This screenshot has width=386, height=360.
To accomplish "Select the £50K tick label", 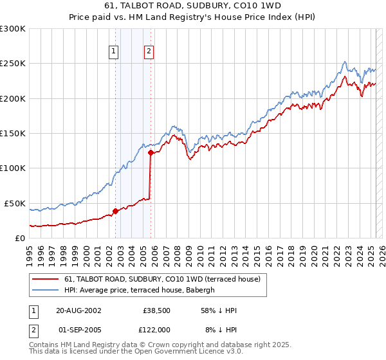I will click(15, 203).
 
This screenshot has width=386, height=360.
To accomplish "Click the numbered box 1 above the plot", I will click(114, 52).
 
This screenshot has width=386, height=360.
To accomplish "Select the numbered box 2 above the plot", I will click(149, 52).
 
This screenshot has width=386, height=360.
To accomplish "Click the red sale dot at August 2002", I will click(116, 210).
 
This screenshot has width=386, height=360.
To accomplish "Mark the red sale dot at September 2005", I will click(151, 152).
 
